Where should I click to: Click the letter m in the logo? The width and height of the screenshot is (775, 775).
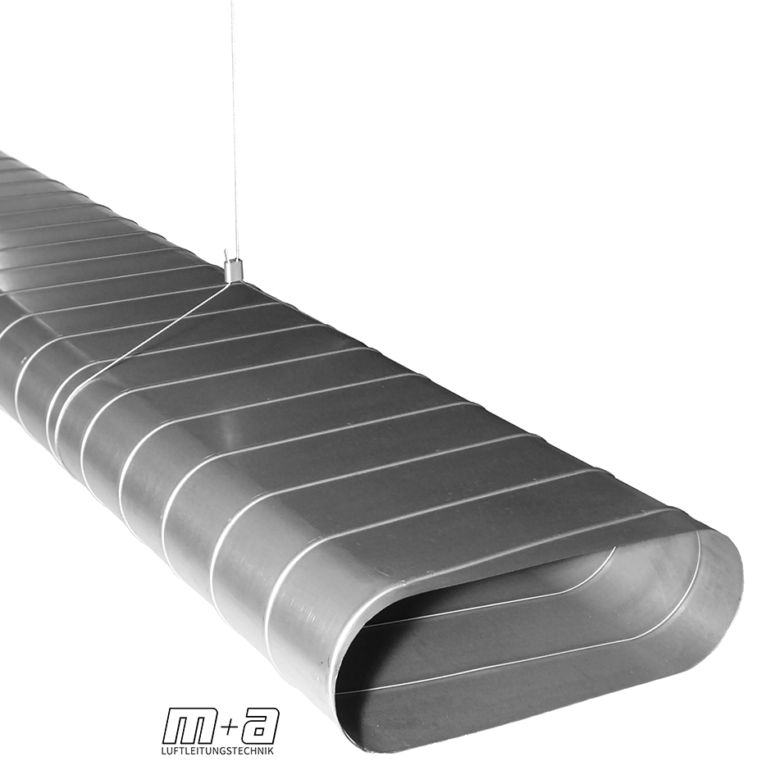[x=189, y=727]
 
